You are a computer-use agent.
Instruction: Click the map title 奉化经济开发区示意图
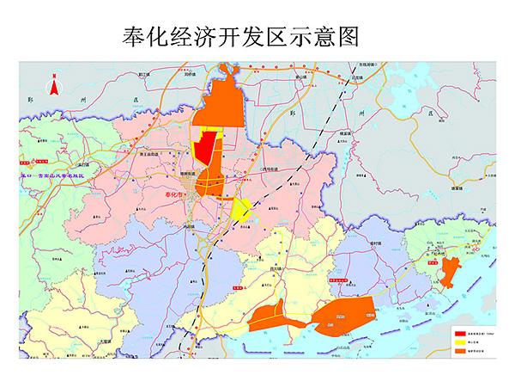pyautogui.click(x=239, y=36)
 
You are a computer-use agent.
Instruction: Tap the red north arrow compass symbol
pyautogui.click(x=54, y=85)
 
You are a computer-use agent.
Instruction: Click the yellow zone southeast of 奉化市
pyautogui.click(x=240, y=209)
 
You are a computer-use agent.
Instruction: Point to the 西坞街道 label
pyautogui.click(x=273, y=171)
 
